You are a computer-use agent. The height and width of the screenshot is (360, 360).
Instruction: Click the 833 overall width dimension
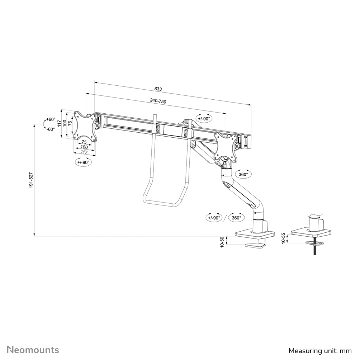tap(158, 89)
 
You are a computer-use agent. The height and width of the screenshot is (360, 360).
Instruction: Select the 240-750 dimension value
tap(158, 101)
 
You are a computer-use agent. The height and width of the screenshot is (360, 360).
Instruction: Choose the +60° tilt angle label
tap(50, 119)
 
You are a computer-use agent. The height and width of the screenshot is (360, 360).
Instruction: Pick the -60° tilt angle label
tap(50, 129)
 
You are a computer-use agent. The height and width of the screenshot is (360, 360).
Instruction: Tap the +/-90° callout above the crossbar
tap(204, 118)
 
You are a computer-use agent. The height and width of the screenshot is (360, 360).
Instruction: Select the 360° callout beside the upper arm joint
tap(243, 174)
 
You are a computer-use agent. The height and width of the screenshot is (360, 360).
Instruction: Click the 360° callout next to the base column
tap(236, 218)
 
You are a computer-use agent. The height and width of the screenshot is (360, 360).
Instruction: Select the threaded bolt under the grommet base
tap(314, 250)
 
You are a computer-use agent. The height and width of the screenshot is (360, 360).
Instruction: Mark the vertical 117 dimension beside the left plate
tap(60, 123)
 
